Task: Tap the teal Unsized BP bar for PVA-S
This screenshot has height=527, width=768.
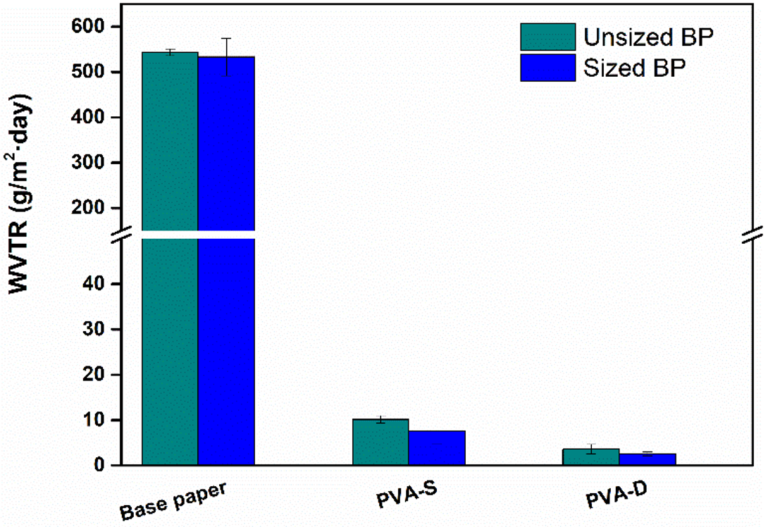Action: [380, 442]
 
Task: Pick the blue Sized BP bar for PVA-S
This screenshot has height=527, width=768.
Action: [437, 448]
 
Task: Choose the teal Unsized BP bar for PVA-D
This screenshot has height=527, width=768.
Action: [591, 457]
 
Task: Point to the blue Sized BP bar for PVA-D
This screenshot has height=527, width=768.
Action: [648, 459]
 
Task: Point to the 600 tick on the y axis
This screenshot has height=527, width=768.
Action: [97, 27]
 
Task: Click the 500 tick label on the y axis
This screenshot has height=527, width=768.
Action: [97, 72]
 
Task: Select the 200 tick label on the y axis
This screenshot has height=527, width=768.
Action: [97, 209]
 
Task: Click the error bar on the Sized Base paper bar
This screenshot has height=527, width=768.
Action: [226, 57]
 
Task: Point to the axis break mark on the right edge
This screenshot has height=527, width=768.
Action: [752, 234]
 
